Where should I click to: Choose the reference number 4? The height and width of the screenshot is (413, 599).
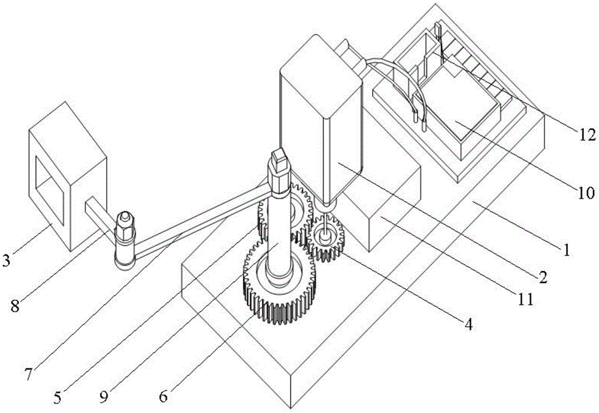coord(469,324)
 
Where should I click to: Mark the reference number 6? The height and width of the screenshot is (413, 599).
coord(163,397)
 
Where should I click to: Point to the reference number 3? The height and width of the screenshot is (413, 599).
coord(6,260)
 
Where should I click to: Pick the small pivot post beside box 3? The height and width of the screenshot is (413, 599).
coord(125,241)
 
